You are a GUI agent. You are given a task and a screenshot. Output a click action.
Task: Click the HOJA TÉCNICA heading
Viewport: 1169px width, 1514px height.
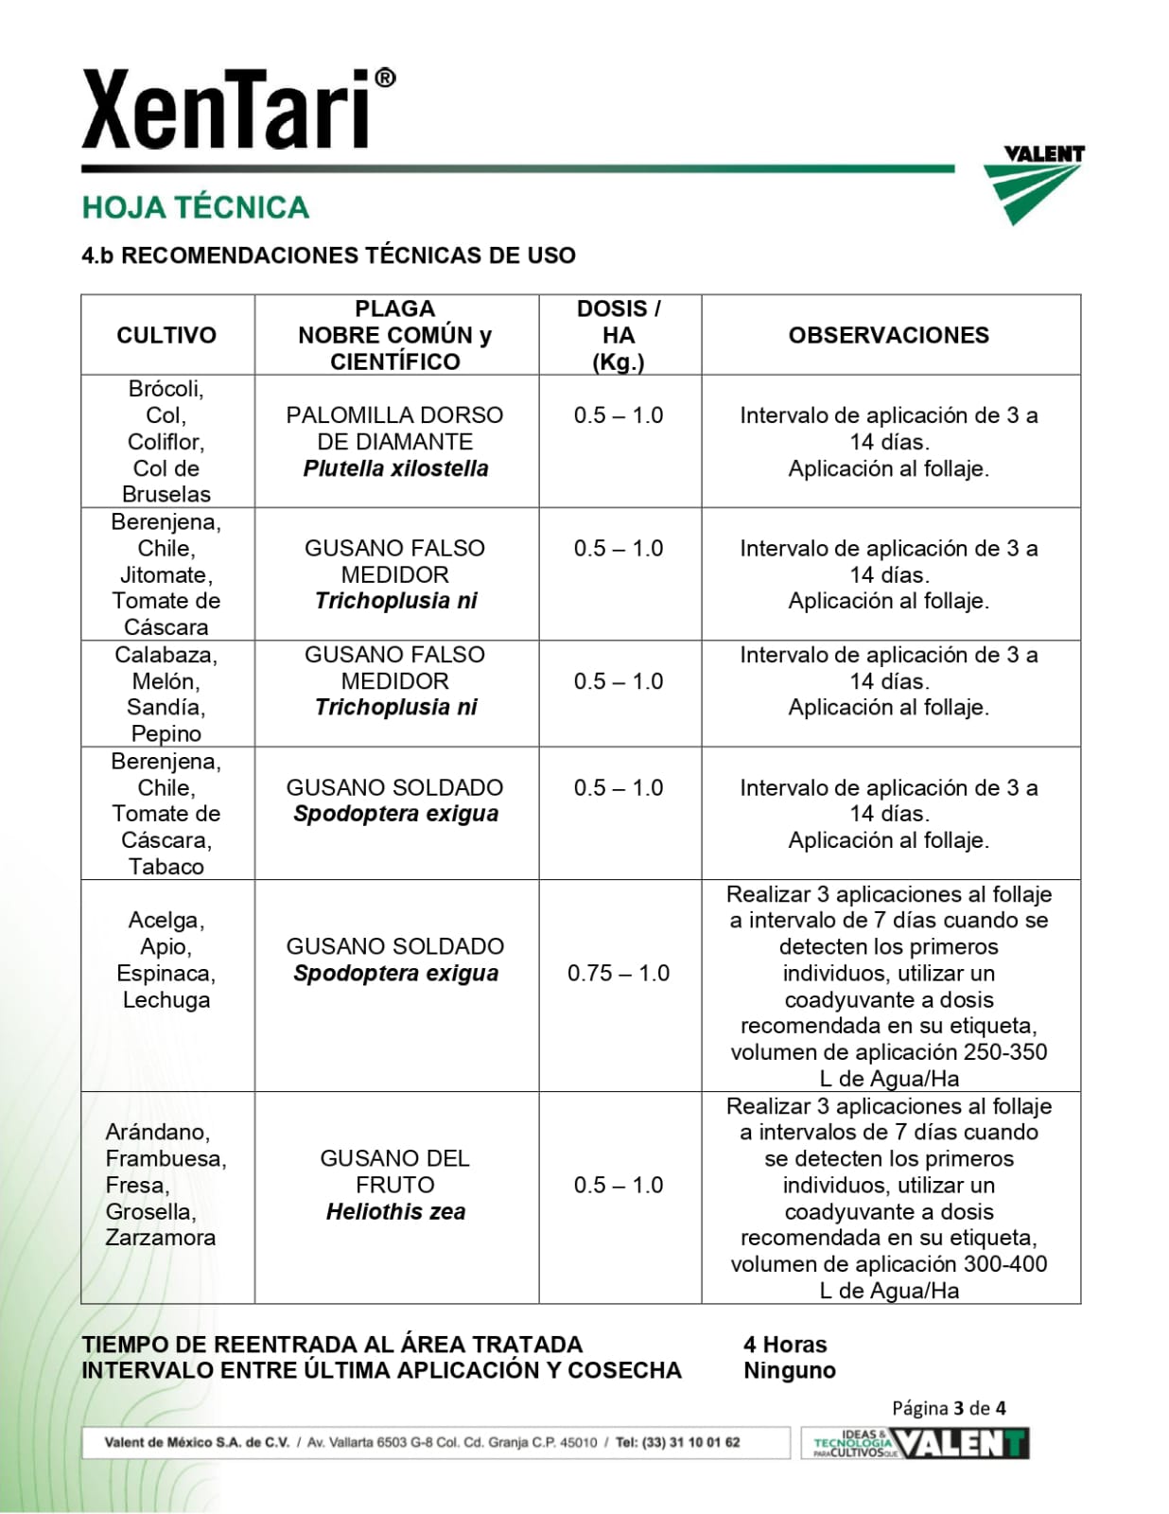[x=196, y=207]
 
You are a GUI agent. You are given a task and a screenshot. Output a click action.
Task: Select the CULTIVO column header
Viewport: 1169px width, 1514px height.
[x=166, y=335]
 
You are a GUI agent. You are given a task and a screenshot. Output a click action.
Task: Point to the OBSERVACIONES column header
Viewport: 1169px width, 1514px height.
[x=888, y=335]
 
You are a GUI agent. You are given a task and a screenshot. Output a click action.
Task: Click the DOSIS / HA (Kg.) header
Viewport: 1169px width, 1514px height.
[x=619, y=335]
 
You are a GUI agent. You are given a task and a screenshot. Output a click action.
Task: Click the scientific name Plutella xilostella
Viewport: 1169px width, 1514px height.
[x=395, y=468]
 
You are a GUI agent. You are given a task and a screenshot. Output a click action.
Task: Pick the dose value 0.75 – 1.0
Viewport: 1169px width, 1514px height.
[x=619, y=973]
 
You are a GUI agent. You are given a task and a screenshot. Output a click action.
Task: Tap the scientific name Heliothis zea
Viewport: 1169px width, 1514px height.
[x=395, y=1211]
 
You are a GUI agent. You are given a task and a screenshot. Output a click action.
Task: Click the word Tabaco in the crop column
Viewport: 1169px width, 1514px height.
[x=166, y=867]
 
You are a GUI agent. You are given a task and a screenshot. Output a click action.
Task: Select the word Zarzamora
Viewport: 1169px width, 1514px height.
[x=161, y=1238]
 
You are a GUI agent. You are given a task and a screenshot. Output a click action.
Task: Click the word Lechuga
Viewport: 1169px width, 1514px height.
[x=166, y=1000]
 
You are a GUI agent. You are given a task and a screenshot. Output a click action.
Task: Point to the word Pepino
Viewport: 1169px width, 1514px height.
[x=166, y=733]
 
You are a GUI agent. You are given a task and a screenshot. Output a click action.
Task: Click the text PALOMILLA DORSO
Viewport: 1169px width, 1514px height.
[x=394, y=415]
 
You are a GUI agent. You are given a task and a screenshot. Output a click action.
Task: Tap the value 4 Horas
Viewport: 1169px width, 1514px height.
[x=785, y=1345]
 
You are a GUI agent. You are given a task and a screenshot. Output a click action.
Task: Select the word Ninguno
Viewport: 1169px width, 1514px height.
[x=790, y=1371]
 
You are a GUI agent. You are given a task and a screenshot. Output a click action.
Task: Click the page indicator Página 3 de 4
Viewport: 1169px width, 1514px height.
[x=949, y=1408]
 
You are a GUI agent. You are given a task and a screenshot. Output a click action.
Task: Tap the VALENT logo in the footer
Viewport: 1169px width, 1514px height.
[x=960, y=1444]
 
